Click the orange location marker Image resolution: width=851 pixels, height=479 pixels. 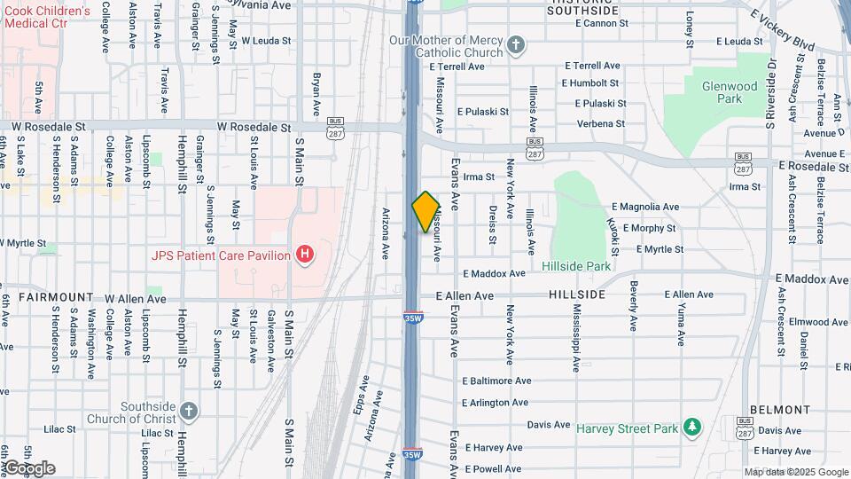(426, 212)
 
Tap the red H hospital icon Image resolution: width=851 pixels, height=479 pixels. (305, 255)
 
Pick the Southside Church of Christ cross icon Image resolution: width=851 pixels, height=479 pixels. (187, 411)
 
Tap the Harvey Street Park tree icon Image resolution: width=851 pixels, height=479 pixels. (692, 428)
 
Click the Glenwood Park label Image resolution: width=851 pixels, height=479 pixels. (729, 92)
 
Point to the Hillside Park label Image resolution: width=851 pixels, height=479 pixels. (576, 266)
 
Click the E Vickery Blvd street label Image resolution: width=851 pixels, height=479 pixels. (782, 31)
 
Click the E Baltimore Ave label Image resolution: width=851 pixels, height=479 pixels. (496, 381)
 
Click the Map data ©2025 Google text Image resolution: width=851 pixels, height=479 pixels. (795, 472)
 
